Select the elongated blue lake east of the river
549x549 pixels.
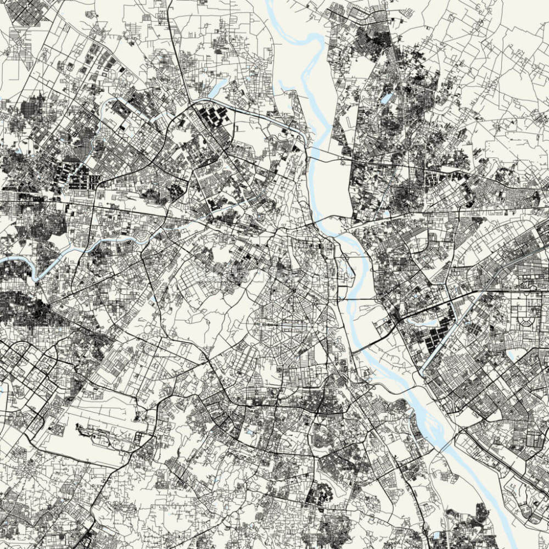click(x=388, y=98)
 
